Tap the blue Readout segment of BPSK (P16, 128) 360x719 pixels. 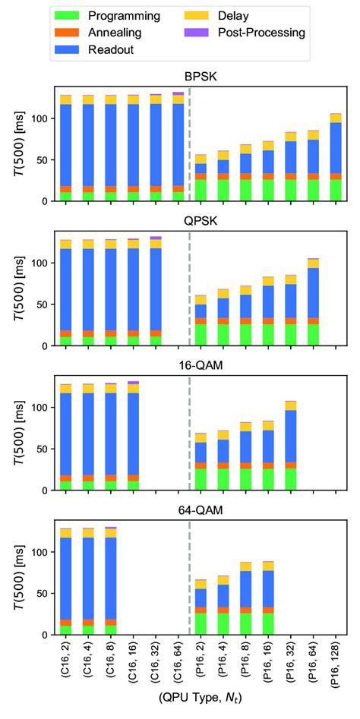(x=334, y=147)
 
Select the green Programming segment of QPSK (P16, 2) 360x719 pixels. (x=201, y=335)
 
